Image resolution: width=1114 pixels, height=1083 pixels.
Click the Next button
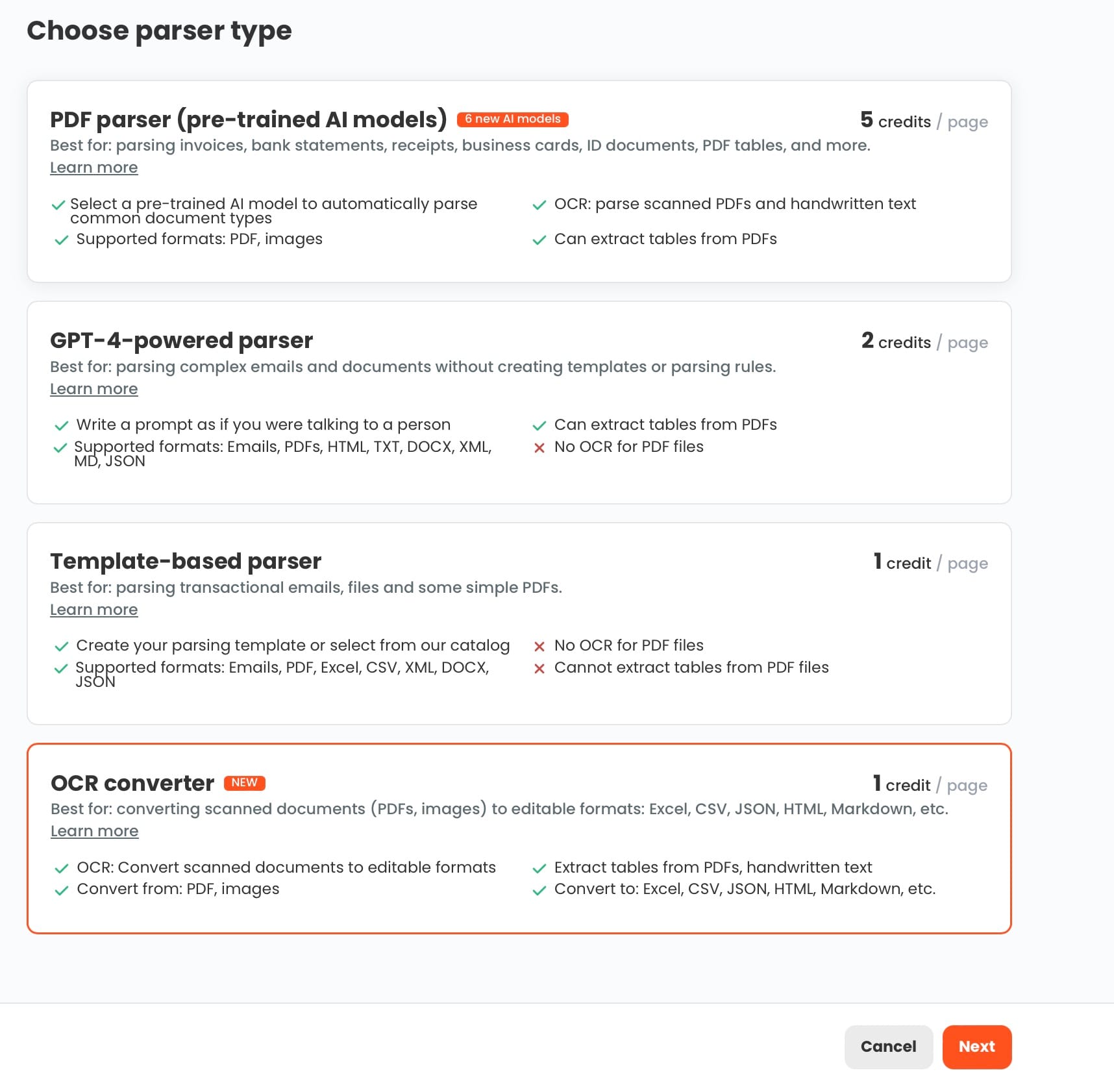pos(976,1046)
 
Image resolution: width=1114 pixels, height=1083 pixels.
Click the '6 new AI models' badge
pos(513,119)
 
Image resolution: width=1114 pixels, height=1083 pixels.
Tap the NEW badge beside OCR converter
pos(245,782)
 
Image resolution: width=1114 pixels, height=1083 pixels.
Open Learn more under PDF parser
pos(94,168)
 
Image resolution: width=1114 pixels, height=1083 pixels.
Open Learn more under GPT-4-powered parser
pos(94,389)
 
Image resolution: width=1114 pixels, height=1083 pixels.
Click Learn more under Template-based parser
pos(94,610)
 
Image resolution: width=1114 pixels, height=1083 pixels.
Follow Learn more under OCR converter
pos(95,831)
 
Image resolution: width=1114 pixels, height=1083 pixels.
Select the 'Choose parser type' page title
pos(159,31)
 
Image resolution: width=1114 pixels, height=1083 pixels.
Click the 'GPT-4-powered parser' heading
pos(182,340)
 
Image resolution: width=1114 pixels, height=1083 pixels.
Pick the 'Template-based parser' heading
pos(186,561)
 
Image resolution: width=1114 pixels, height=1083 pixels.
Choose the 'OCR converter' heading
pos(132,783)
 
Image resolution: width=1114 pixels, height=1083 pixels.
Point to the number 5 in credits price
pos(867,119)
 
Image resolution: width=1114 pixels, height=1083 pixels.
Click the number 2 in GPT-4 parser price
pos(868,340)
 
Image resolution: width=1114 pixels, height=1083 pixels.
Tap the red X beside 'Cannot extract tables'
pos(539,668)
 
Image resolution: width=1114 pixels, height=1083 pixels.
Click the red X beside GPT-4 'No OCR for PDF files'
pos(539,447)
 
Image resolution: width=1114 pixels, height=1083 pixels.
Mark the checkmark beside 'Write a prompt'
pos(62,426)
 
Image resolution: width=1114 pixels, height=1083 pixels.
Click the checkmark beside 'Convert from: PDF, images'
pos(62,890)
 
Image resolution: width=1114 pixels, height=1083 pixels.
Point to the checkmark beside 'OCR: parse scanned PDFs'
pos(539,205)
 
